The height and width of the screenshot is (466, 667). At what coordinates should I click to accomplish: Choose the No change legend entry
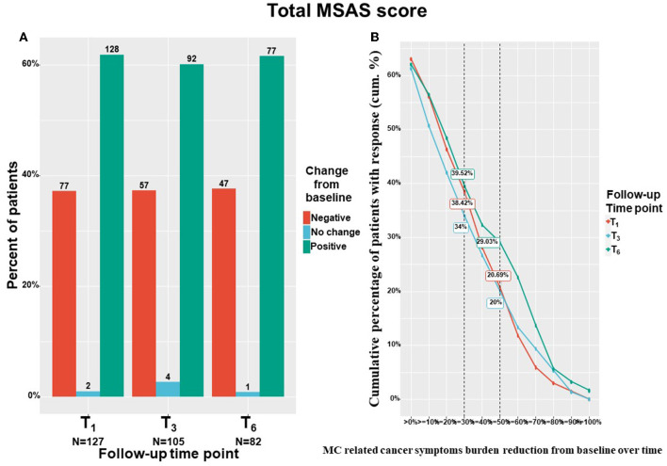click(350, 233)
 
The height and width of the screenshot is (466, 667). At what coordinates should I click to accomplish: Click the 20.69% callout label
click(498, 275)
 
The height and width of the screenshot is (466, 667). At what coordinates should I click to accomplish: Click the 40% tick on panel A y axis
click(30, 174)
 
